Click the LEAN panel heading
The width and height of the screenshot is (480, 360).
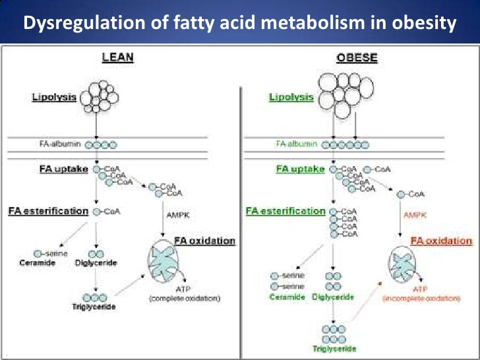point(117,58)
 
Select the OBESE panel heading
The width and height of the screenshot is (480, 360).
point(357,58)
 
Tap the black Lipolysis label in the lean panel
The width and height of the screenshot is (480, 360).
point(55,98)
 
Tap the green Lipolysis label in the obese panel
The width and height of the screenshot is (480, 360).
point(291,98)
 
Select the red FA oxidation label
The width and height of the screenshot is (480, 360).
point(441,241)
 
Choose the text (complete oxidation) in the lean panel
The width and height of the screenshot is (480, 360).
point(185,299)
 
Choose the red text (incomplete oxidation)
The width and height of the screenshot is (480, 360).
point(421,299)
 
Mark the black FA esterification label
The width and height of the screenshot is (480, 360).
point(48,212)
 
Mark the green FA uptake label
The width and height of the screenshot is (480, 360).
point(300,169)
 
